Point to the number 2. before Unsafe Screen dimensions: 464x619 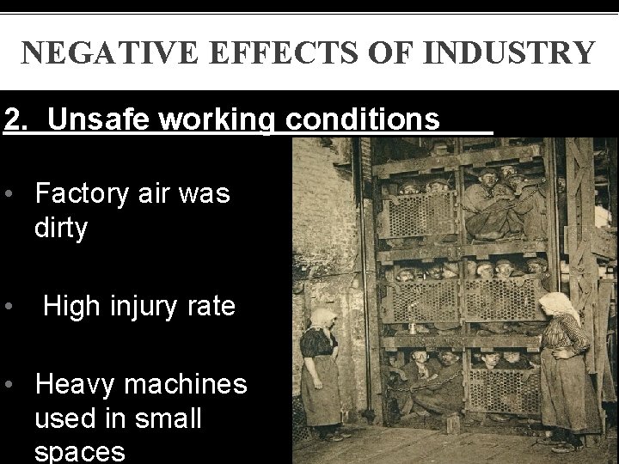click(17, 119)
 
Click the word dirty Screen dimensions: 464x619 click(62, 229)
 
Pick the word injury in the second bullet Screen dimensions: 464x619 click(153, 305)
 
